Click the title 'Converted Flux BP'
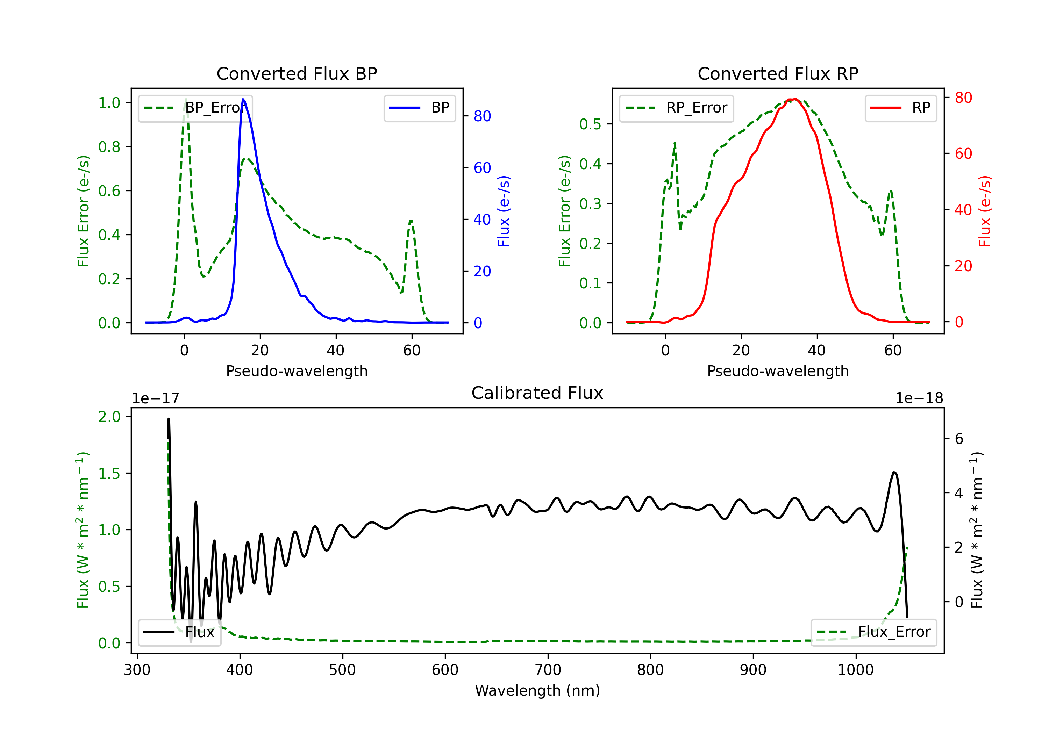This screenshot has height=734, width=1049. point(297,73)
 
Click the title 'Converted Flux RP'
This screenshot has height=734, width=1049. point(778,73)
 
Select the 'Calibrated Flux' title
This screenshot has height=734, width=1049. point(537,393)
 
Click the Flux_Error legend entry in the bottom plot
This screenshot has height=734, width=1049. point(873,632)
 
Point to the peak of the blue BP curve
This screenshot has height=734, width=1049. point(243,99)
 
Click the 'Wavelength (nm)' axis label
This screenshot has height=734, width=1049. point(537,690)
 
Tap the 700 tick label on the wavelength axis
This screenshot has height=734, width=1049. point(548,670)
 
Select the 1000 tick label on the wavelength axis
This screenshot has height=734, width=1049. point(856,670)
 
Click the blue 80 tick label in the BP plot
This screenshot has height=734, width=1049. point(482,116)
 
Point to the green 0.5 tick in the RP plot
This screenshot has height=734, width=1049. point(591,124)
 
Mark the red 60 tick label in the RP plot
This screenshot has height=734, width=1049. point(963,153)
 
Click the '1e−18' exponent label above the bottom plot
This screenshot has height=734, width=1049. point(919,398)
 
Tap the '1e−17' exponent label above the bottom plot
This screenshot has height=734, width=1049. point(156,398)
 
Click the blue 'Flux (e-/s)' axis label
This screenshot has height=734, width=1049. point(504,211)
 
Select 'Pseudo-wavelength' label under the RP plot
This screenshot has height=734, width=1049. point(778,371)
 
